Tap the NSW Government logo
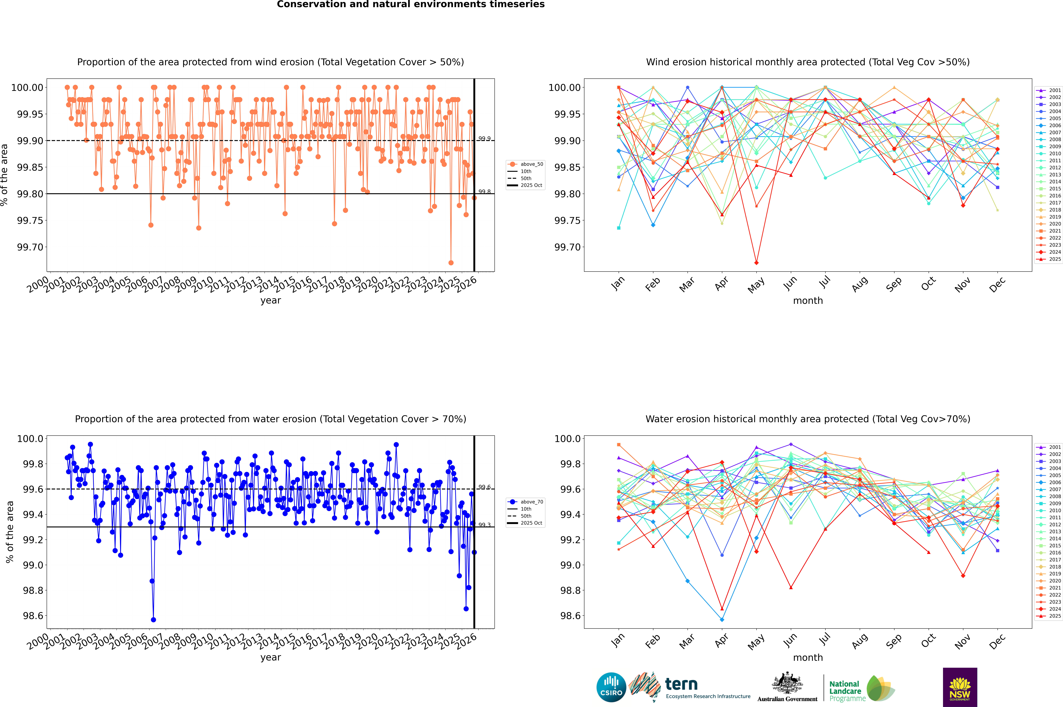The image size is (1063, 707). [960, 687]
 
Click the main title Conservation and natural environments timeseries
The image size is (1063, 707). [411, 4]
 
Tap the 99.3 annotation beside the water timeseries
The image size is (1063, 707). [484, 525]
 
